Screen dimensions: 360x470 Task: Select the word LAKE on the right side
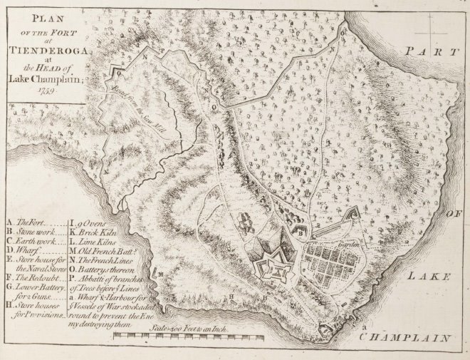[432, 274]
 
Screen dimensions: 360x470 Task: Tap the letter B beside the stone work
[301, 232]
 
